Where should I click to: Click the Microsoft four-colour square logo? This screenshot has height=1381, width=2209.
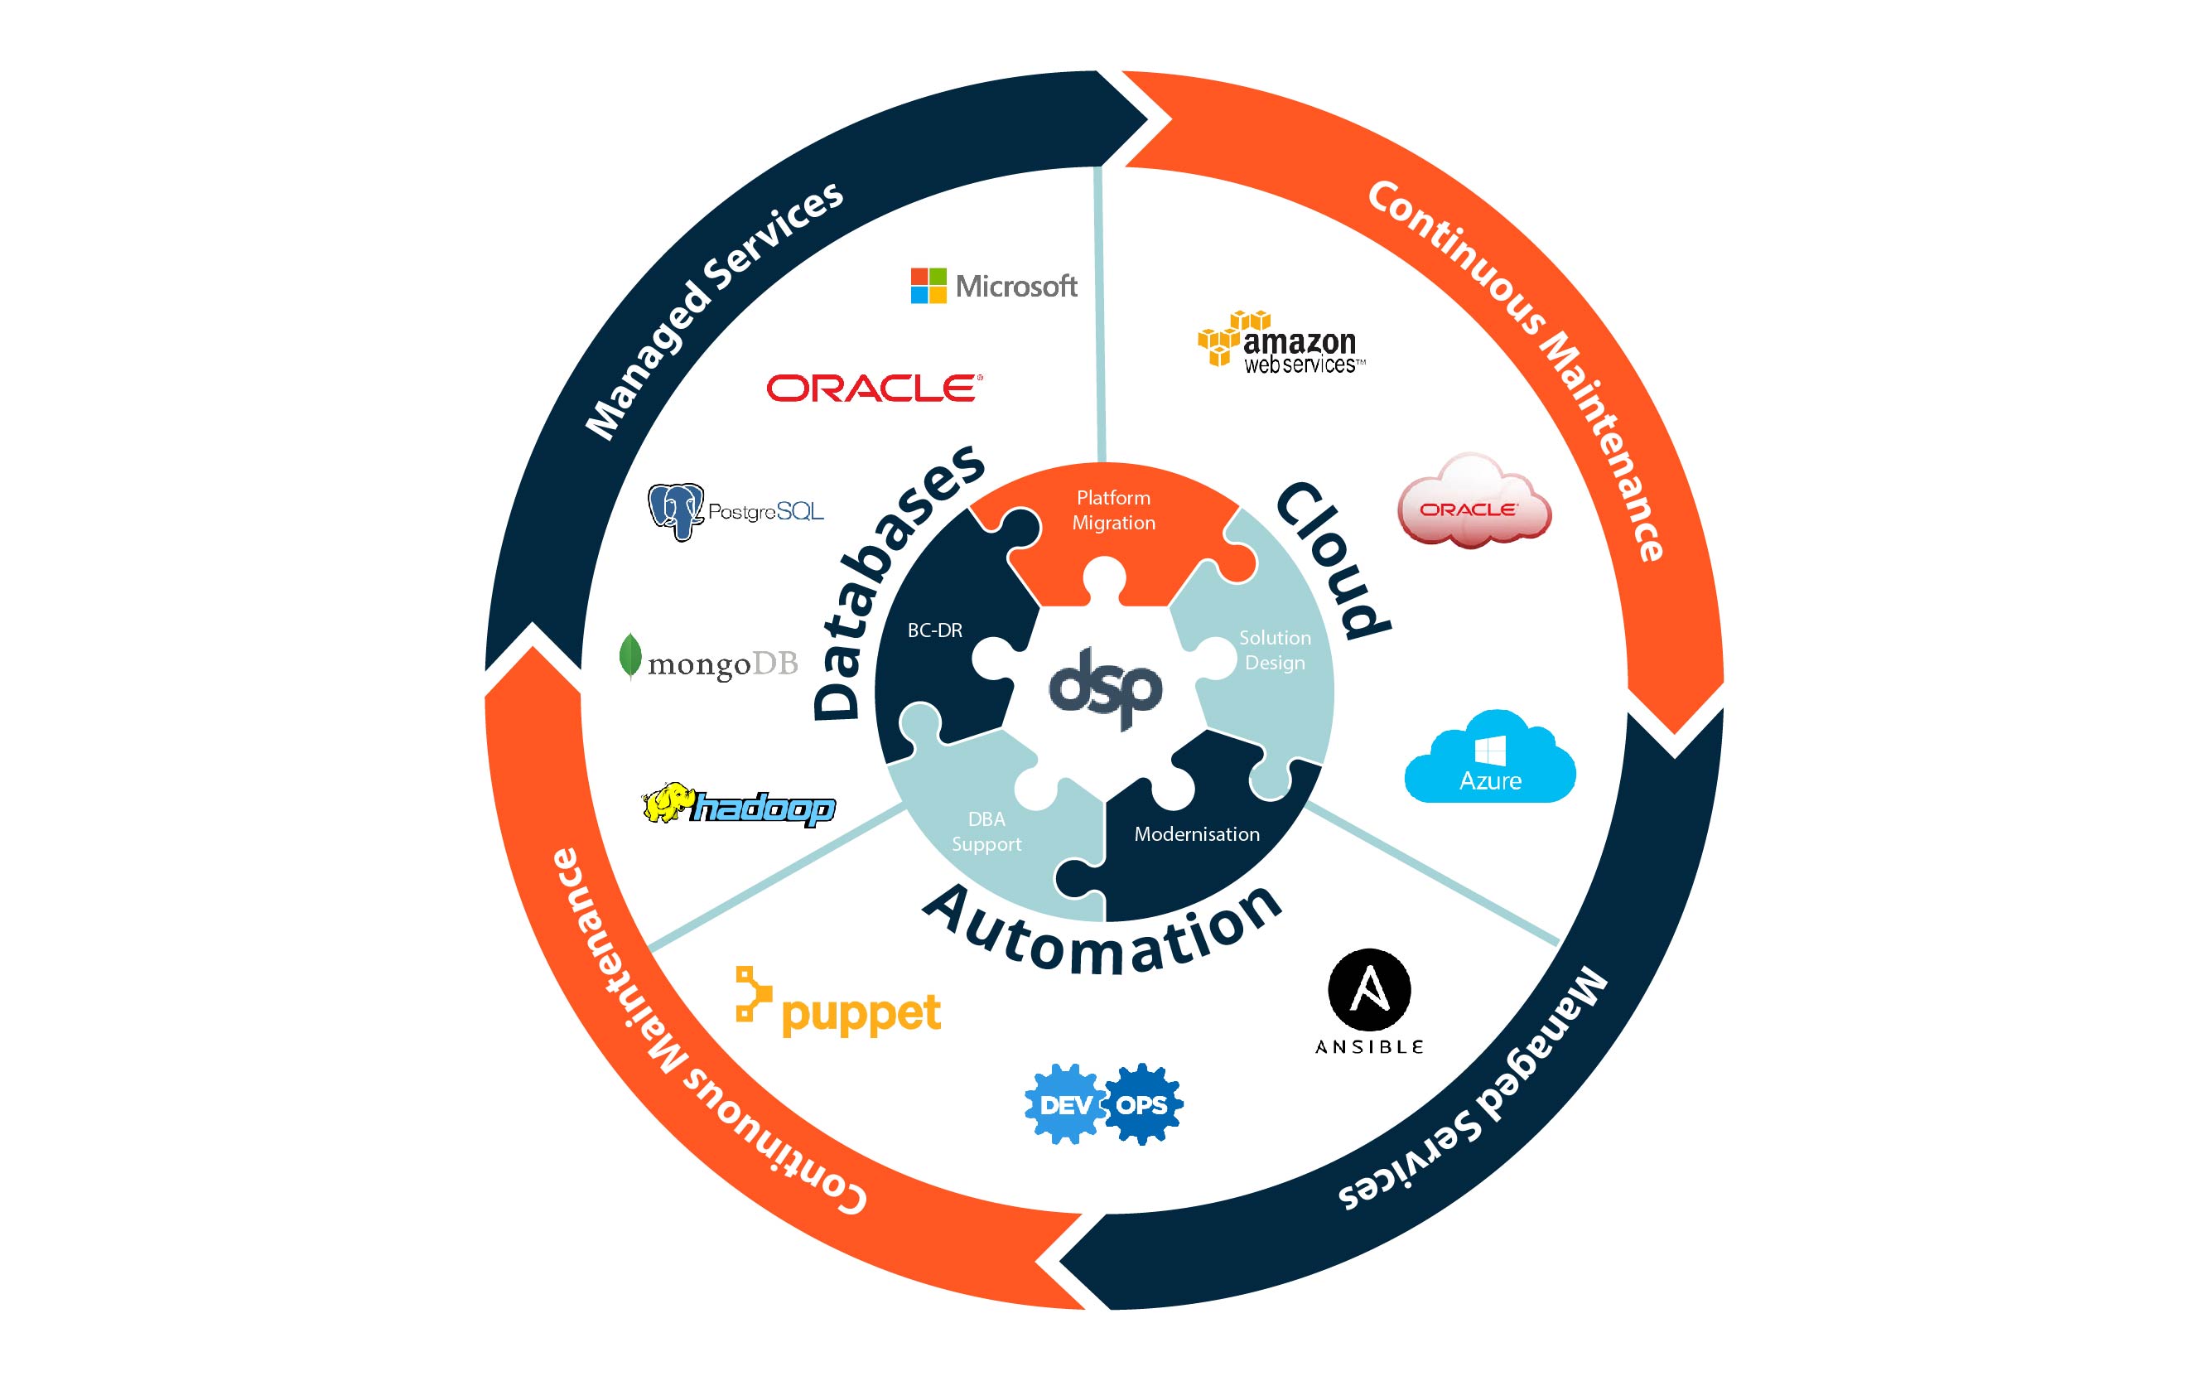tap(928, 286)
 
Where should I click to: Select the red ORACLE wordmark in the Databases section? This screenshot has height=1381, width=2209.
tap(874, 389)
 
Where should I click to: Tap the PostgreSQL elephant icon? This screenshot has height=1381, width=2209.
tap(676, 511)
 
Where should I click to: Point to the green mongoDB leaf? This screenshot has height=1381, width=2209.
tap(629, 656)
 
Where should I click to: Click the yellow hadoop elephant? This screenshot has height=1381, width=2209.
tap(668, 803)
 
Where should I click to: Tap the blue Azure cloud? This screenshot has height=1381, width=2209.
tap(1489, 759)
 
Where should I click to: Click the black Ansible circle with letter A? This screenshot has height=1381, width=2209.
tap(1369, 991)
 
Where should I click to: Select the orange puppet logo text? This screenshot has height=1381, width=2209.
tap(861, 1014)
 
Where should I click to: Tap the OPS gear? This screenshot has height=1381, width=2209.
tap(1142, 1104)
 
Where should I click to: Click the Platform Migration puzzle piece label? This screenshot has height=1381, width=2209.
tap(1113, 510)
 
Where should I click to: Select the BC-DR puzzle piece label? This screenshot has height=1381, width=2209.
tap(934, 630)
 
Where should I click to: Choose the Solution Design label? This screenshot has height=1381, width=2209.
tap(1275, 650)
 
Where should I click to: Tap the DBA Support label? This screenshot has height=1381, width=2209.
tap(986, 831)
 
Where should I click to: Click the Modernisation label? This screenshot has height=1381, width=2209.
tap(1196, 834)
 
